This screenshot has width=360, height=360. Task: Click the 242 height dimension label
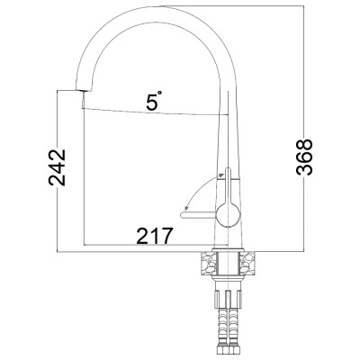tap(57, 167)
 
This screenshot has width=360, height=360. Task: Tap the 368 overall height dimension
tap(304, 157)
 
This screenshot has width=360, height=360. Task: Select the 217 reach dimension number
tap(155, 236)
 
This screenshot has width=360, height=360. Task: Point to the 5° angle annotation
tap(153, 101)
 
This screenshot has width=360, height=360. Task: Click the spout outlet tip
tap(83, 90)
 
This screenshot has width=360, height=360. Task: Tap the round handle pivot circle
tap(229, 214)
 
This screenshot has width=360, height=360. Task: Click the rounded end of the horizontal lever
tap(183, 215)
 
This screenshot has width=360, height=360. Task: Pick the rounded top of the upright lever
tap(228, 170)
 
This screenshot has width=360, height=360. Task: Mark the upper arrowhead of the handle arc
tap(222, 174)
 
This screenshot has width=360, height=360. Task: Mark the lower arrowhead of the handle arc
tap(186, 207)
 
